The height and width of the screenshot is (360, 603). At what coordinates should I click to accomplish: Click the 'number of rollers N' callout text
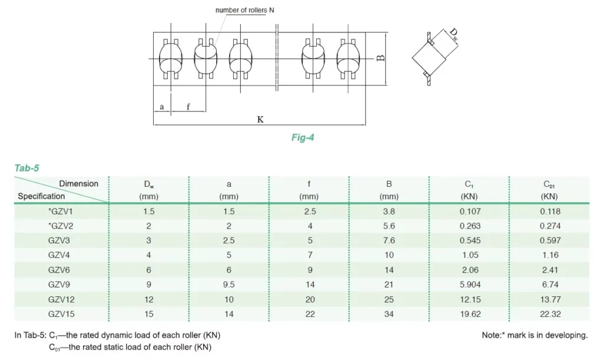(245, 10)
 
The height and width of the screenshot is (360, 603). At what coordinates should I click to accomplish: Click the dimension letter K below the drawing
(260, 119)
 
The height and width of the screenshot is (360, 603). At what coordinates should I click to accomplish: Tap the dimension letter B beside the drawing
(381, 58)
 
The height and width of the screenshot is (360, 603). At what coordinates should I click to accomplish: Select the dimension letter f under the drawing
(188, 107)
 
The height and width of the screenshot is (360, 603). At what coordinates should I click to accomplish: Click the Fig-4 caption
(303, 138)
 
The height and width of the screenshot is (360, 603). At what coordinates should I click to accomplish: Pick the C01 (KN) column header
(549, 190)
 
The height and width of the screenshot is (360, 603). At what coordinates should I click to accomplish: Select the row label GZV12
(62, 299)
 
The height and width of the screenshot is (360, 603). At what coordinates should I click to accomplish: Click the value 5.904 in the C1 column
(471, 285)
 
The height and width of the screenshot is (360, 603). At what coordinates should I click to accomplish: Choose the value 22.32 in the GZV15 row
(549, 314)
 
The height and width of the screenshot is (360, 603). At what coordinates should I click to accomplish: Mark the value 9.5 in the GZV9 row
(229, 285)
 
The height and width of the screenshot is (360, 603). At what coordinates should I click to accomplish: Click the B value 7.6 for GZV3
(389, 240)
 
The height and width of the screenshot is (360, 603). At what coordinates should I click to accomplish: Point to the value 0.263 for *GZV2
(471, 226)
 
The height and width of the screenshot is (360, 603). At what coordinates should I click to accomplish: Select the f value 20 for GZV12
(309, 299)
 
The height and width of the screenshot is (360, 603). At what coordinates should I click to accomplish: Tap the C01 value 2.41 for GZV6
(549, 270)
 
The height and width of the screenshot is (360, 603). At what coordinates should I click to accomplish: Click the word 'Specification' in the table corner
(41, 196)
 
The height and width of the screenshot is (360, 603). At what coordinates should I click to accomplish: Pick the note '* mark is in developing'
(535, 335)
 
